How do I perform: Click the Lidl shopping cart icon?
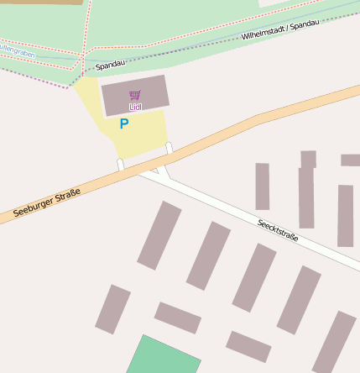pos(135,95)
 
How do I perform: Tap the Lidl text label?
pos(135,108)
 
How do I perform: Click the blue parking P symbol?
pos(124,123)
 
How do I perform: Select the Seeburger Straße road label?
pos(47,205)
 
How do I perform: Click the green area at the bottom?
pos(164,356)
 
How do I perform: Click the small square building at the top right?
pos(308,159)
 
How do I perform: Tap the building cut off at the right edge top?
pos(351,160)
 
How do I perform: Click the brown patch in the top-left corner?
pos(42,3)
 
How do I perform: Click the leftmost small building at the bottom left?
pos(112,309)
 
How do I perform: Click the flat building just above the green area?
pos(178,318)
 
